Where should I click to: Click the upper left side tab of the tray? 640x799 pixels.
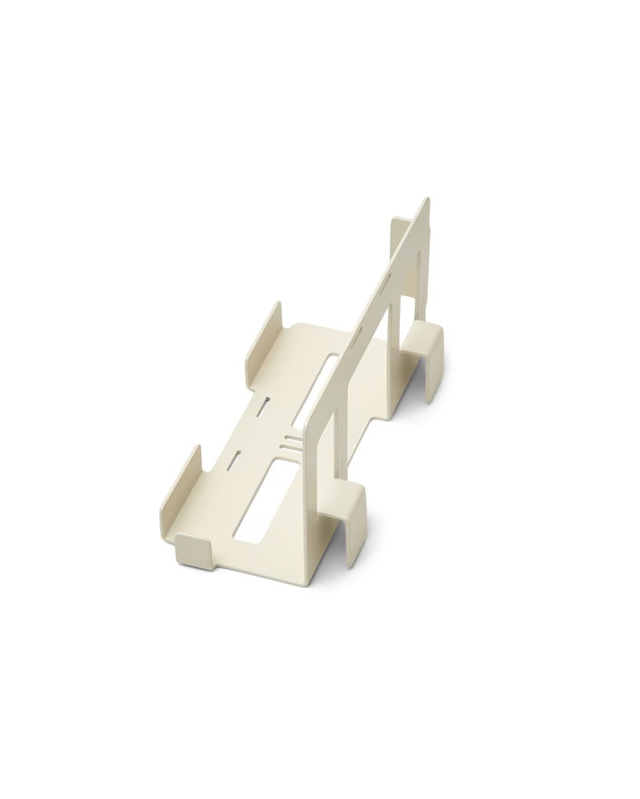pyautogui.click(x=262, y=341)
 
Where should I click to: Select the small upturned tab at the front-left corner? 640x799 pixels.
pyautogui.click(x=194, y=548)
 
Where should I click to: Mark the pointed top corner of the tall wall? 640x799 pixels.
pyautogui.click(x=427, y=202)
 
